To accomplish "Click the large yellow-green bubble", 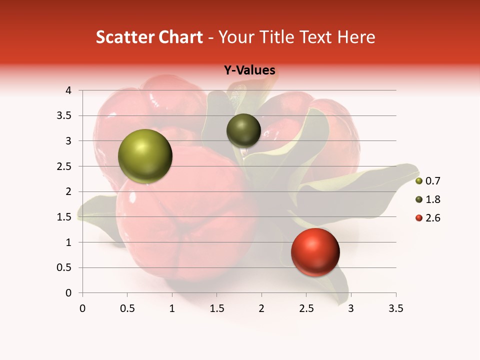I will pyautogui.click(x=145, y=156).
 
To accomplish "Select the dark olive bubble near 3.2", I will pyautogui.click(x=243, y=130).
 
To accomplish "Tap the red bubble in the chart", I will pyautogui.click(x=315, y=252).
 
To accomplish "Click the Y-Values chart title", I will pyautogui.click(x=249, y=70).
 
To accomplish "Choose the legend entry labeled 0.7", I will pyautogui.click(x=428, y=181).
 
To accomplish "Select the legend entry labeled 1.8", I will pyautogui.click(x=428, y=199).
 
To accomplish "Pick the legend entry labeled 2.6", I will pyautogui.click(x=428, y=218).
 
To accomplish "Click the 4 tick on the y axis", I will pyautogui.click(x=68, y=90).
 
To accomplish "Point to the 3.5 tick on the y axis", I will pyautogui.click(x=64, y=116).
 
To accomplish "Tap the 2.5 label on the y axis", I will pyautogui.click(x=64, y=166).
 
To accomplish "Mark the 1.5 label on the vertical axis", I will pyautogui.click(x=64, y=217).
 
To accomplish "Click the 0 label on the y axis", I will pyautogui.click(x=68, y=293).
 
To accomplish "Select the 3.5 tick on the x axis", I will pyautogui.click(x=395, y=309).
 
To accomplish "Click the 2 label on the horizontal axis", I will pyautogui.click(x=261, y=309).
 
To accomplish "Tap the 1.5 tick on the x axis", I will pyautogui.click(x=216, y=309).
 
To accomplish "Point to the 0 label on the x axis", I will pyautogui.click(x=82, y=309).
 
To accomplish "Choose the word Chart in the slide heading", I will pyautogui.click(x=180, y=37).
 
